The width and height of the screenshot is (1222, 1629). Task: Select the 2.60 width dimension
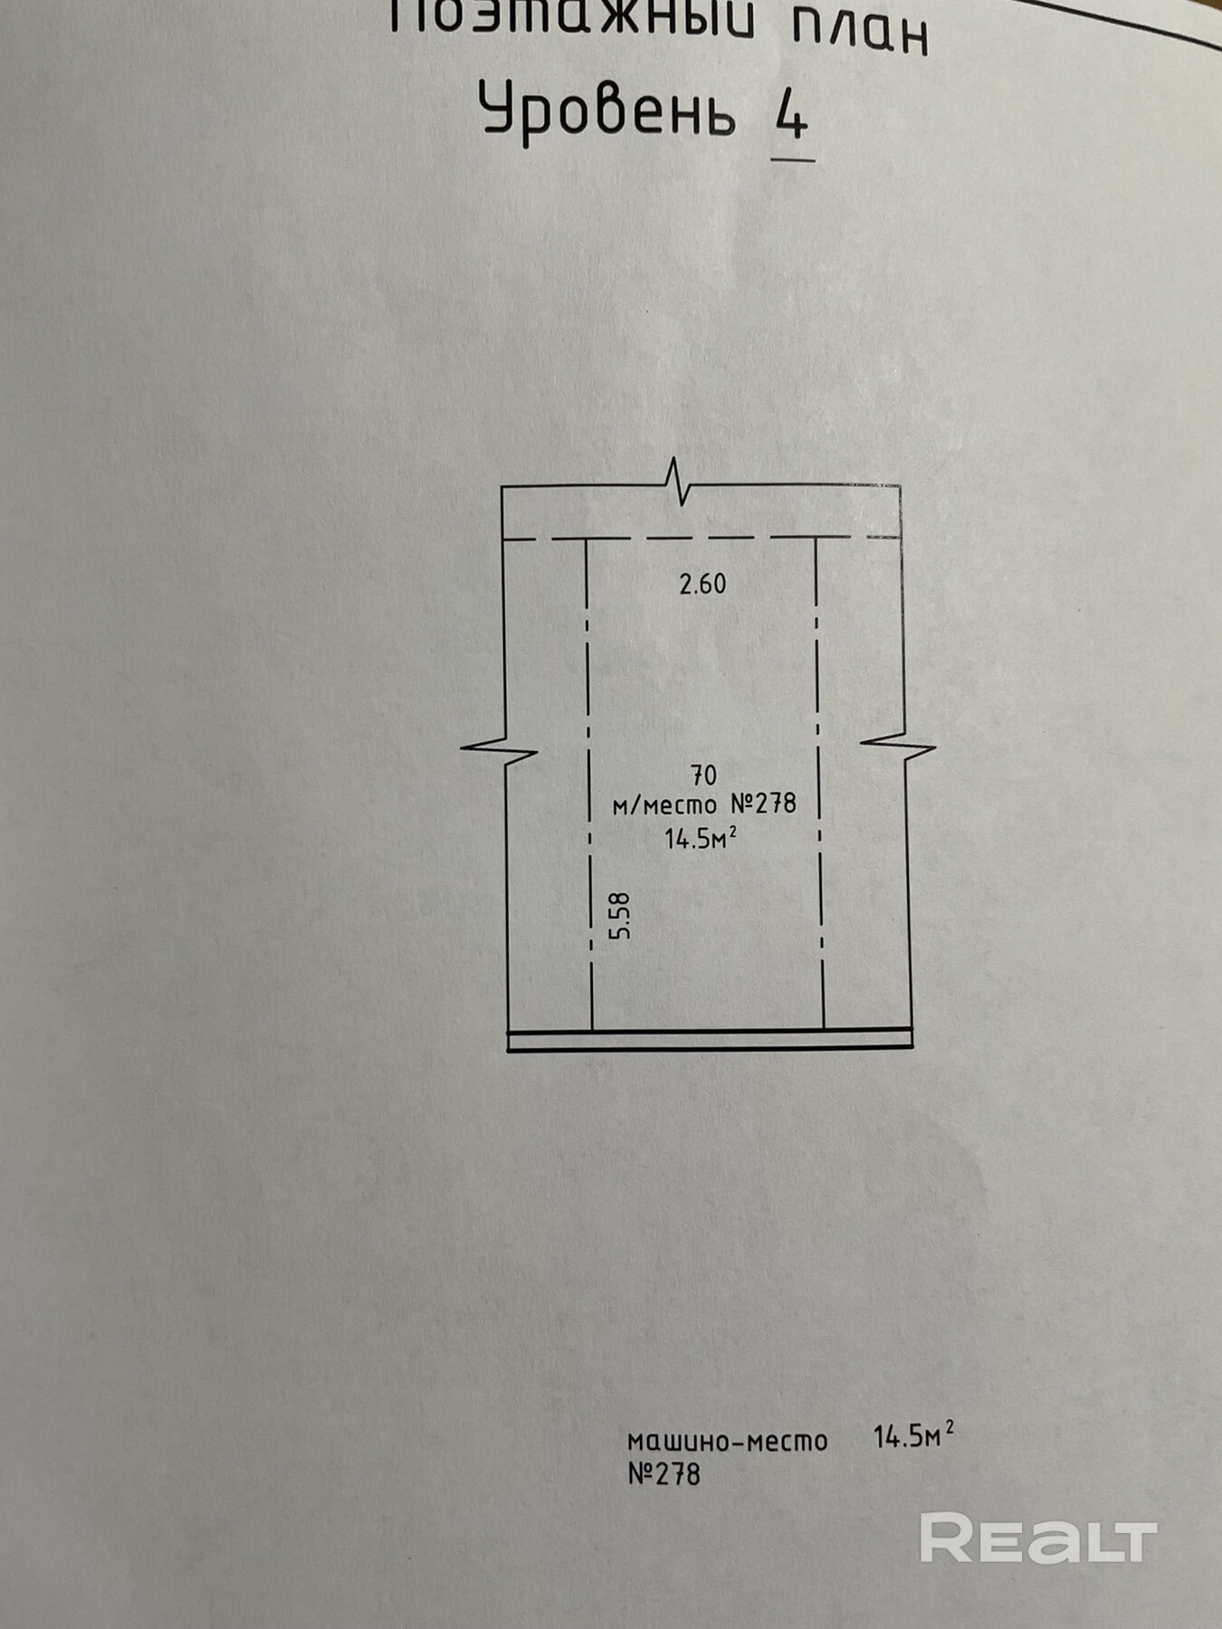[x=702, y=585]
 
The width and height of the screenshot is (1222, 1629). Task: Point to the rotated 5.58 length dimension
[x=620, y=916]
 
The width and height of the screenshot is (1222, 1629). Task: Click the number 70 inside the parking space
[x=703, y=776]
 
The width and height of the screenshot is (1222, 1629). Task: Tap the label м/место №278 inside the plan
[x=704, y=804]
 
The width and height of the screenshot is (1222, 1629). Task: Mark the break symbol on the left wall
[x=500, y=749]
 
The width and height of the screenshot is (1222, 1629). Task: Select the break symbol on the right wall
[x=898, y=746]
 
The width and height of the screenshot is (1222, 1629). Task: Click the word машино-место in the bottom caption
[x=728, y=1441]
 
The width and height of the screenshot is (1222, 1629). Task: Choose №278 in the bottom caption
[x=664, y=1474]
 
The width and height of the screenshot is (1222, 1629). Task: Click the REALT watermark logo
[x=1038, y=1538]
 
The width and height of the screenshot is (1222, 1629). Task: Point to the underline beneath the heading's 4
[x=793, y=159]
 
